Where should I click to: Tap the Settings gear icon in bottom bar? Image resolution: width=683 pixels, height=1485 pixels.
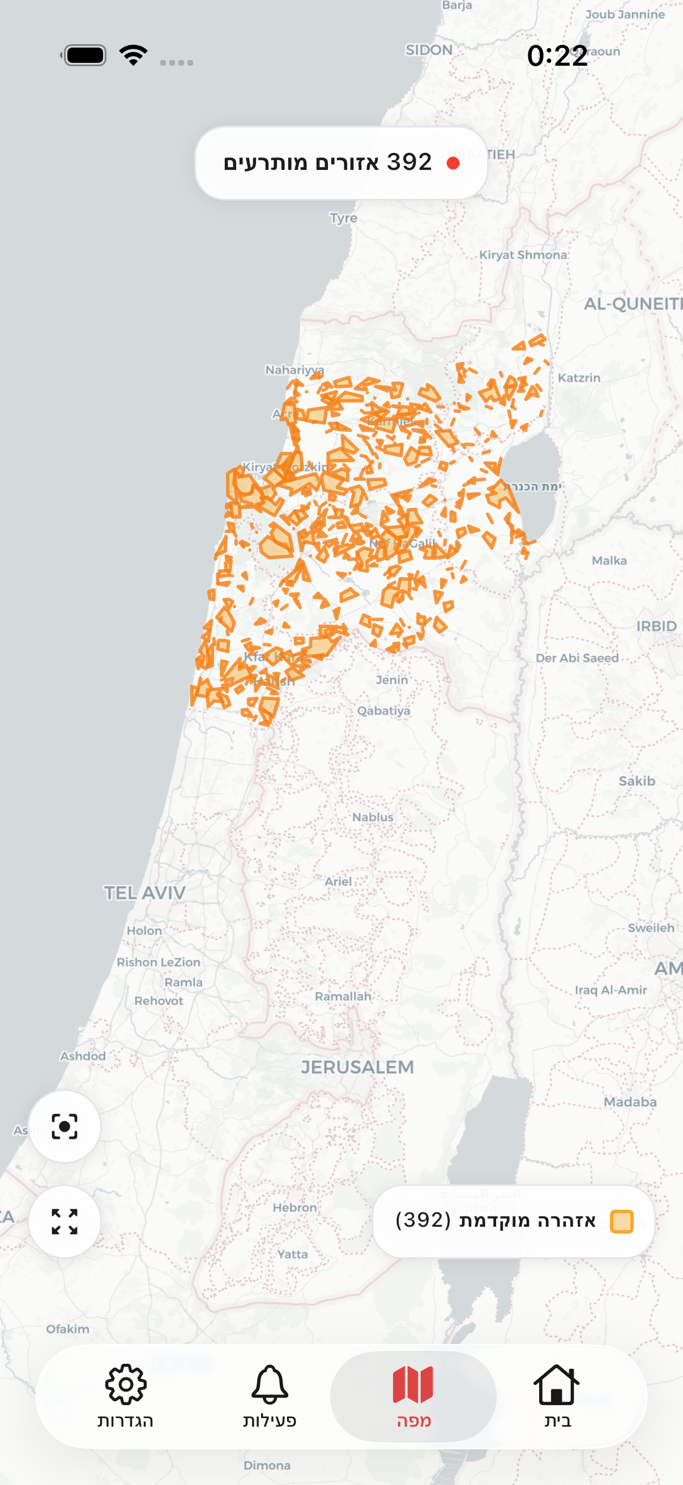[126, 1384]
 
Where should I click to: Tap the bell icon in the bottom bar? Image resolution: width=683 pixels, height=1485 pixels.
[269, 1384]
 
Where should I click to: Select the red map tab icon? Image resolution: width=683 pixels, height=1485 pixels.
[413, 1384]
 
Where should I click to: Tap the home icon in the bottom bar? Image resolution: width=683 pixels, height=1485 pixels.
[556, 1384]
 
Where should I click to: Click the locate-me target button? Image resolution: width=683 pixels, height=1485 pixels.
[65, 1126]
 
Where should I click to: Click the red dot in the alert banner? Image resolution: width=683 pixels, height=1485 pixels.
[453, 164]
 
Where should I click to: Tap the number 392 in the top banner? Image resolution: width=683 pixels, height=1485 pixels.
[409, 163]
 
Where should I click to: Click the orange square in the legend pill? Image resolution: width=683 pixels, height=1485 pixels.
[621, 1221]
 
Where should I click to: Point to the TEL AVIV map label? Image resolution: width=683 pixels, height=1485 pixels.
[144, 893]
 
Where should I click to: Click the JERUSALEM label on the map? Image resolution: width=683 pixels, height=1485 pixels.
[357, 1067]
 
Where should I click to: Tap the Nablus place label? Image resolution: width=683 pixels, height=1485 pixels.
[373, 817]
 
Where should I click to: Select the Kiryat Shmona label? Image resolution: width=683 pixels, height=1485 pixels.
[523, 255]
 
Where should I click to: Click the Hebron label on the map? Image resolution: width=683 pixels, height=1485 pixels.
[294, 1207]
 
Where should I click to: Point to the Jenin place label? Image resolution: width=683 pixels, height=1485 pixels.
[392, 680]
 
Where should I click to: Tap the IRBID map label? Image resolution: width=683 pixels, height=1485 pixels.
[656, 626]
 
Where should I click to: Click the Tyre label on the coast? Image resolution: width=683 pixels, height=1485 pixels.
[344, 218]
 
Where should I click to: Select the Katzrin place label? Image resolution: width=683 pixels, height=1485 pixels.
[579, 378]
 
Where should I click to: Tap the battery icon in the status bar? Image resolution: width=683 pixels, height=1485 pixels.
[84, 56]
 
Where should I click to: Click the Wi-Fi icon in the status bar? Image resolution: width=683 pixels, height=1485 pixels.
[133, 56]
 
